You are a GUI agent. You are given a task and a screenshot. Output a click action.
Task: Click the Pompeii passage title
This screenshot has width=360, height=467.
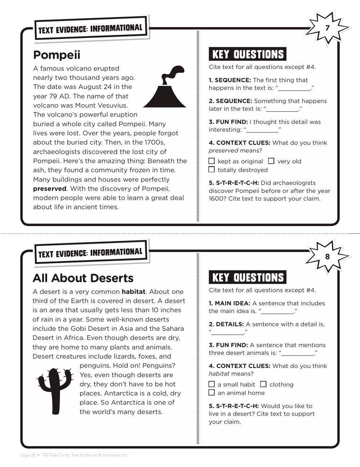57,55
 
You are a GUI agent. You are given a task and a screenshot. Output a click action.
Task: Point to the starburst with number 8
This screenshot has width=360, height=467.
327,257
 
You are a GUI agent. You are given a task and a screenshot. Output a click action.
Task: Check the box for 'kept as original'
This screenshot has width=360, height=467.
212,161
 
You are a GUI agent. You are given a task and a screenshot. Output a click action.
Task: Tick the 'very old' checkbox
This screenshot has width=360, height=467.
271,161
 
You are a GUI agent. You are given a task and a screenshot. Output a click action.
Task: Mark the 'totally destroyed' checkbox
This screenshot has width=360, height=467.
212,169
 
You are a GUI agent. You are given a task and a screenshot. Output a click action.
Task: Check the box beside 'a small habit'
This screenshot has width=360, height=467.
212,384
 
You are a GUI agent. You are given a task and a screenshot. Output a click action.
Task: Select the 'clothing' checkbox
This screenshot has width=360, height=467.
263,384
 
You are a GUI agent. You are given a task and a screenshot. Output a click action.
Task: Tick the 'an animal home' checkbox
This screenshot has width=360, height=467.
212,393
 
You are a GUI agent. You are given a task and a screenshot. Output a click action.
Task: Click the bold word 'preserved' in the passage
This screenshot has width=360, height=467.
50,189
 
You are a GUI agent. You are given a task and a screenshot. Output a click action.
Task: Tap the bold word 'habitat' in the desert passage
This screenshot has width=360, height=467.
133,292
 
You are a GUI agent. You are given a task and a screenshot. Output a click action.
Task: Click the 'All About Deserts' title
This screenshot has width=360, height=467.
83,278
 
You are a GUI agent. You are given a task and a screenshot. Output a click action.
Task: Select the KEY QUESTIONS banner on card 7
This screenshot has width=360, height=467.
247,54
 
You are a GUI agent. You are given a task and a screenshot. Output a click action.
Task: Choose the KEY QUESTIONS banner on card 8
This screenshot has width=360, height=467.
247,277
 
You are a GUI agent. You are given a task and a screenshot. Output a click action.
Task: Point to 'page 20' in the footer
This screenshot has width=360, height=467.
28,455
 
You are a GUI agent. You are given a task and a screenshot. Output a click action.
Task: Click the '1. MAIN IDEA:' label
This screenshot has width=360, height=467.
229,303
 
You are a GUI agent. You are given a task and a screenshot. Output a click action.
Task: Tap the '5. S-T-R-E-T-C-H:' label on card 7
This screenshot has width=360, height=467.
234,183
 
